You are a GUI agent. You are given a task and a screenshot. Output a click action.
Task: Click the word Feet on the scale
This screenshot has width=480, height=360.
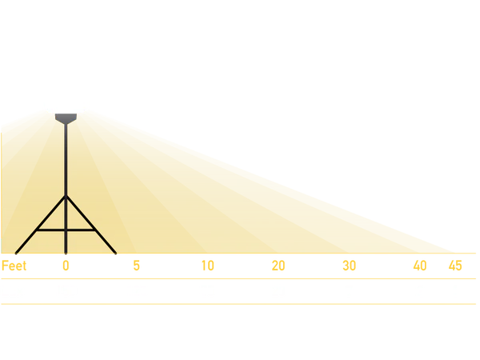pos(14,266)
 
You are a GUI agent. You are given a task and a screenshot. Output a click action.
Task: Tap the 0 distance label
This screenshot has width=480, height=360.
pos(66,266)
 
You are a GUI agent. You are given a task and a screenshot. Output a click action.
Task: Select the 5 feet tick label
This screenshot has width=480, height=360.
pos(137,266)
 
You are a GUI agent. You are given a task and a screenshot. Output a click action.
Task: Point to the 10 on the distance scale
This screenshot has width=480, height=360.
pos(207,266)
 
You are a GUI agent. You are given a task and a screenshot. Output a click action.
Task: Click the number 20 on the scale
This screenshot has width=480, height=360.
pos(278,266)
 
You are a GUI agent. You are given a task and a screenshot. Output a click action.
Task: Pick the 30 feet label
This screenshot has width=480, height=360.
pos(350,266)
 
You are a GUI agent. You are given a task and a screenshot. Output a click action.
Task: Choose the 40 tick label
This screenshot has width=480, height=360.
pos(420,266)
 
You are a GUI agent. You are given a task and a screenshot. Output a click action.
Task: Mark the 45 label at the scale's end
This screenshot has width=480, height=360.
pos(455,266)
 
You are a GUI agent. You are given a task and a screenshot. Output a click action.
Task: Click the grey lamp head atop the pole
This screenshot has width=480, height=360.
pos(66,118)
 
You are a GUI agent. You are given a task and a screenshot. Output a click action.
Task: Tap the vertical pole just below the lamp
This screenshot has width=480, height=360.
pos(66,159)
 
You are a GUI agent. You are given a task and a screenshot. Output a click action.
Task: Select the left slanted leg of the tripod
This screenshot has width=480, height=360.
pos(41,225)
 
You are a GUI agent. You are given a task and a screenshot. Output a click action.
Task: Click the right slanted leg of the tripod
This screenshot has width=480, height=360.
pos(91,225)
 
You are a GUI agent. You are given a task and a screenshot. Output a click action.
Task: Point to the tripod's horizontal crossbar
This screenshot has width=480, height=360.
pos(66,230)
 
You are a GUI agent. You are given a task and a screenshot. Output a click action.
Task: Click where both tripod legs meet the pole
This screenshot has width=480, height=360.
pos(66,196)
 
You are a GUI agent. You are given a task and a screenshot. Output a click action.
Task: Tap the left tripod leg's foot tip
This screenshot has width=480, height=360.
pos(16,254)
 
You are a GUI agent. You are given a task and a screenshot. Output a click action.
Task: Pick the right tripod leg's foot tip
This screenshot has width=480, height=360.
pos(116,254)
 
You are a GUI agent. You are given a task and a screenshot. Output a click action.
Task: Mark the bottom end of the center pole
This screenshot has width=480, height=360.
pos(66,254)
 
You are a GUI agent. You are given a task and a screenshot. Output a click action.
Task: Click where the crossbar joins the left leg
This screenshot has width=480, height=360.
pos(38,230)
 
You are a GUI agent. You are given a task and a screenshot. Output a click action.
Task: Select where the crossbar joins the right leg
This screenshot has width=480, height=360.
pos(94,230)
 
